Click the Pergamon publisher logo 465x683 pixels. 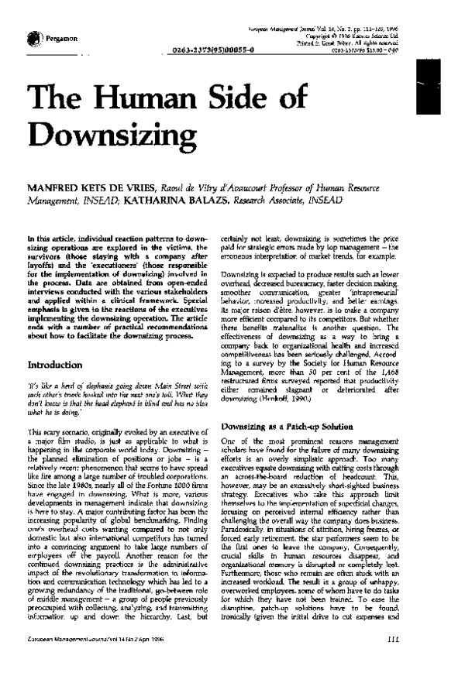pyautogui.click(x=33, y=38)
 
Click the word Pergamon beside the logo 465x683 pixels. pyautogui.click(x=60, y=38)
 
